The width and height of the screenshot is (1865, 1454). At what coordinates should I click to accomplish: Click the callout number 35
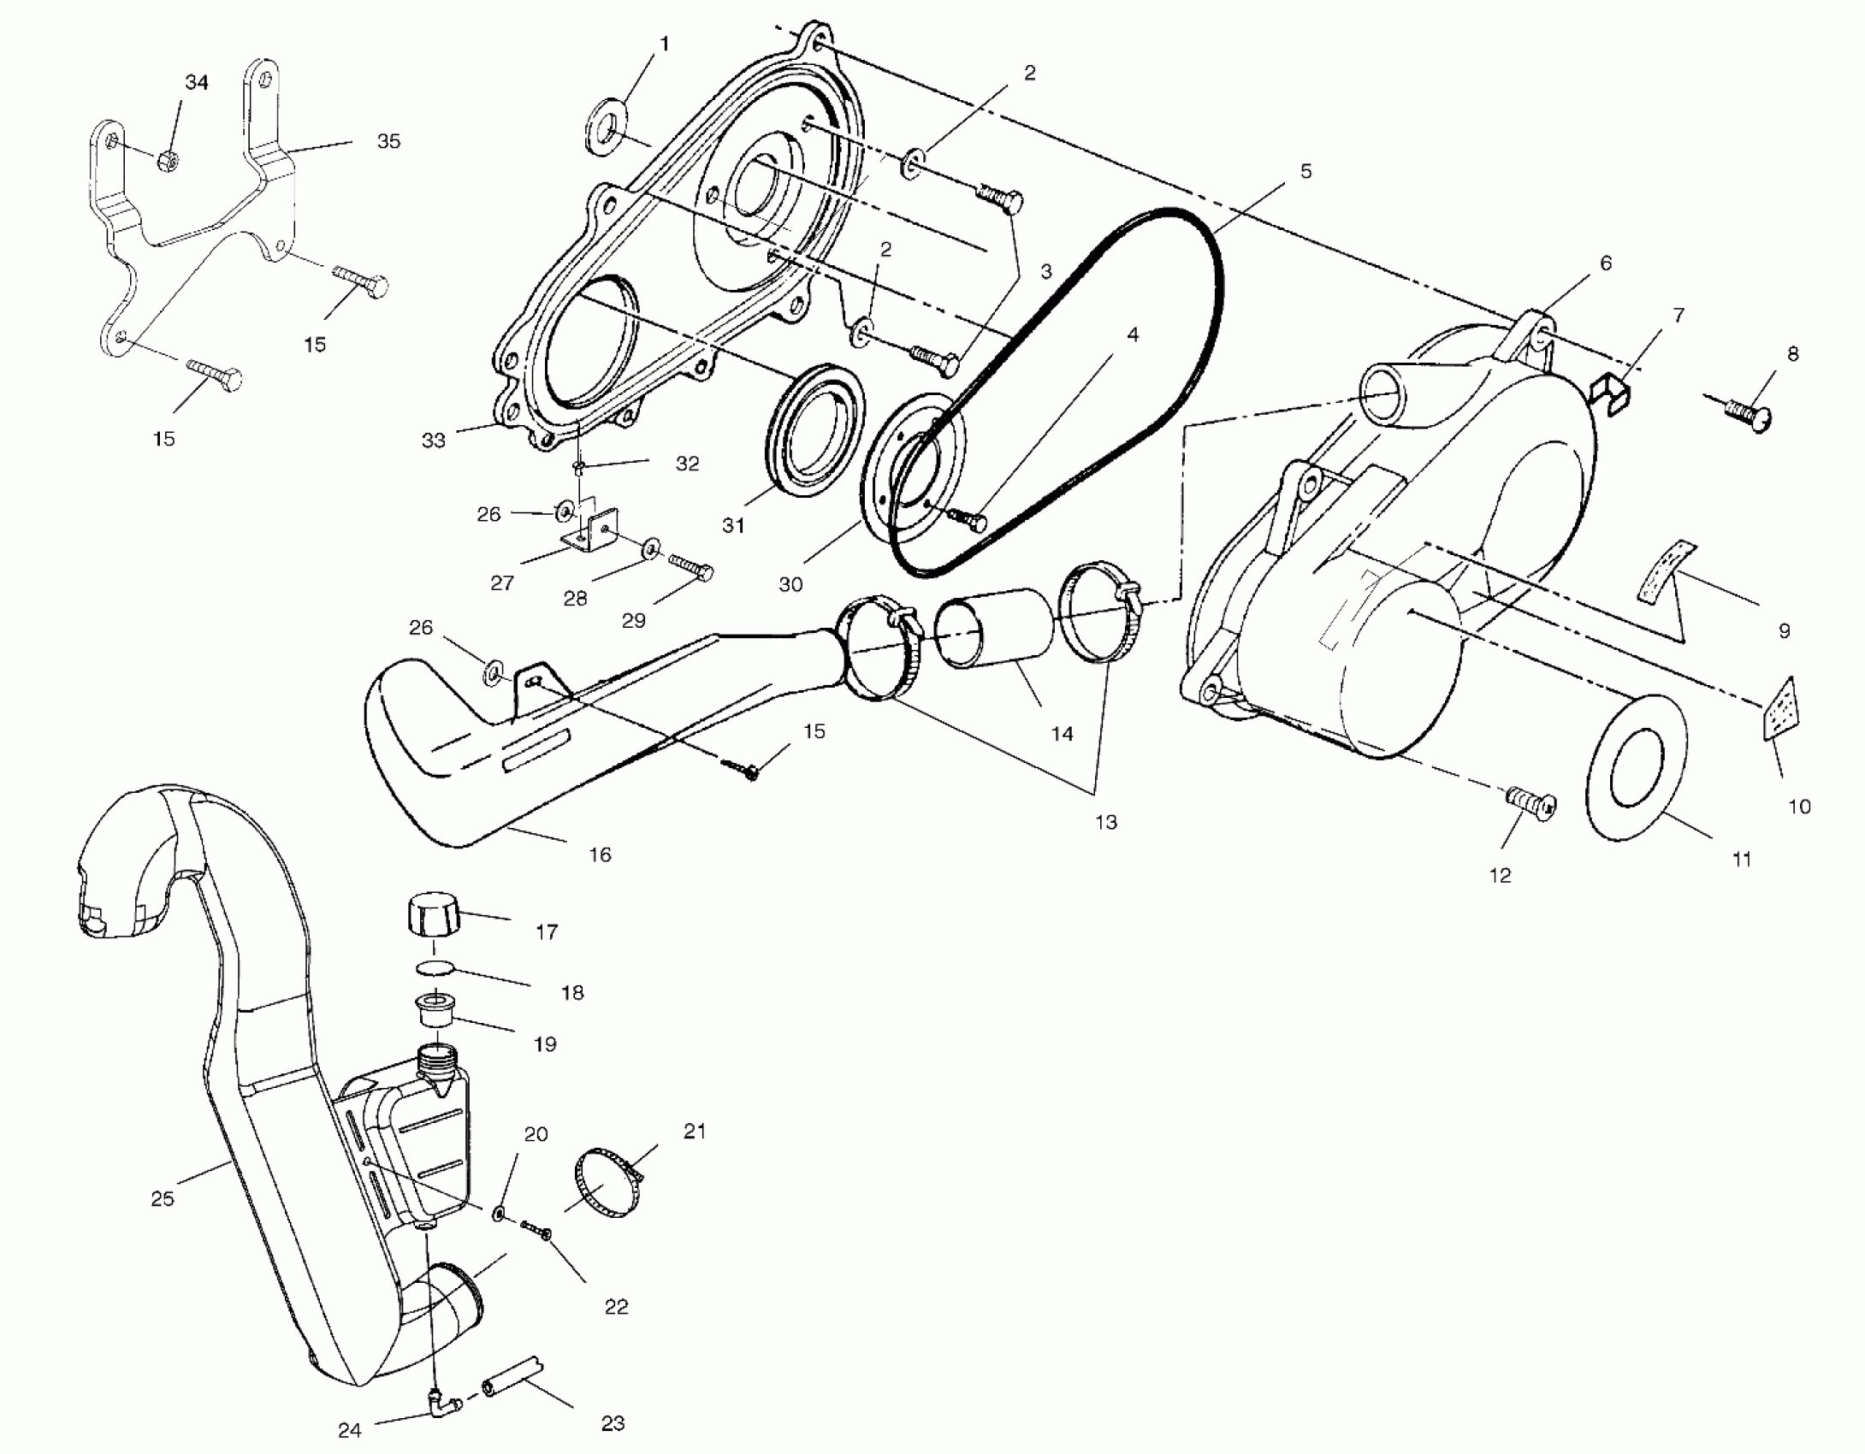pyautogui.click(x=388, y=141)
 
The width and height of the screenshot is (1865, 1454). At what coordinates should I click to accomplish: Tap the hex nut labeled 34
pyautogui.click(x=169, y=160)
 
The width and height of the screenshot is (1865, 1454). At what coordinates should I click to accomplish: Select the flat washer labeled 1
pyautogui.click(x=607, y=128)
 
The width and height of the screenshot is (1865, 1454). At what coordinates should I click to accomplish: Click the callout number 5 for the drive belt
pyautogui.click(x=1305, y=171)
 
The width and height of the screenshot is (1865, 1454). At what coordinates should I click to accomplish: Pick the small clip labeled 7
pyautogui.click(x=1610, y=397)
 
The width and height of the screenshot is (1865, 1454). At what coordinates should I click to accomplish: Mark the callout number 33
pyautogui.click(x=434, y=441)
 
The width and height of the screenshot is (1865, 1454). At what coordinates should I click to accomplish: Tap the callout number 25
pyautogui.click(x=163, y=1198)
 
